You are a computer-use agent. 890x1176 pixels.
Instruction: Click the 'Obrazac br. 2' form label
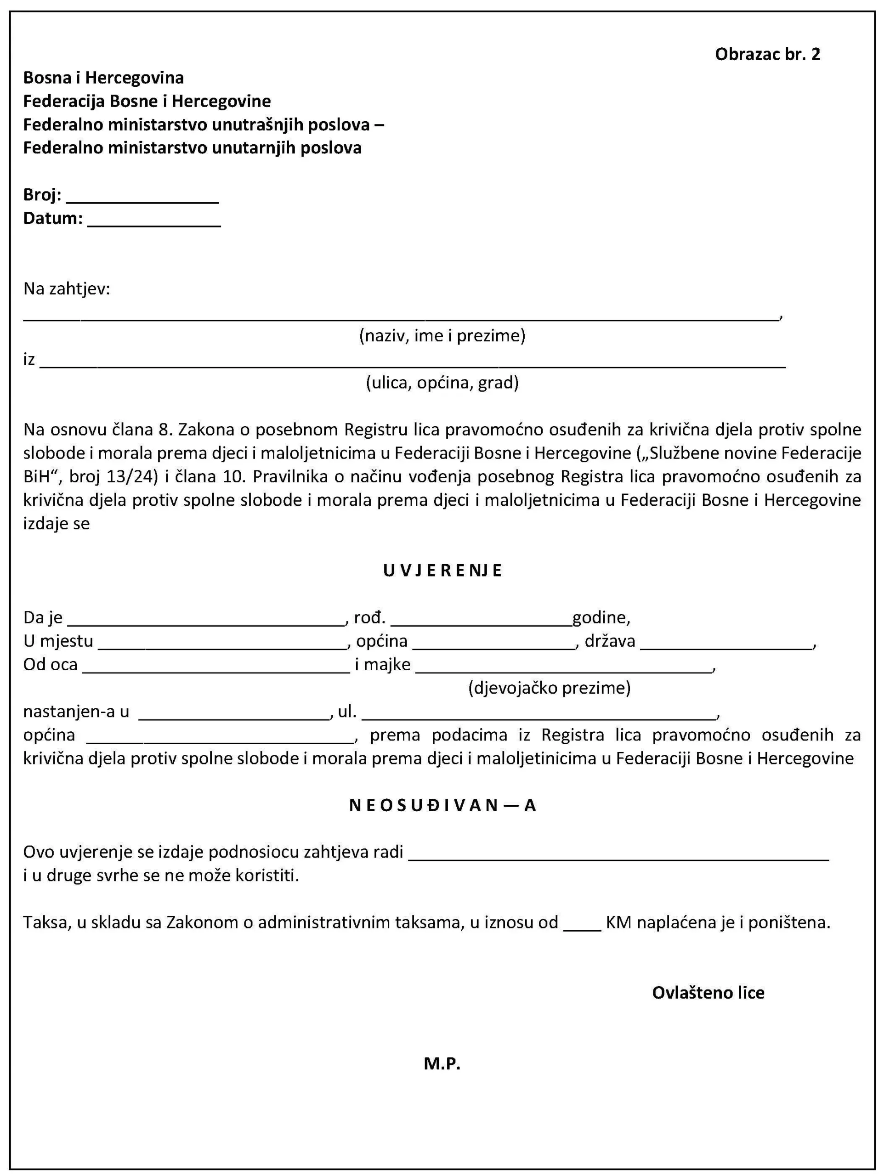767,54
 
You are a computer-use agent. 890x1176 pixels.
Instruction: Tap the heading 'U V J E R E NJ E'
442,571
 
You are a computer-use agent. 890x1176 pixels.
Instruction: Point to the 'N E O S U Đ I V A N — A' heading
442,805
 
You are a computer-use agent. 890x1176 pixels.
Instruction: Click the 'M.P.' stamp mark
442,1063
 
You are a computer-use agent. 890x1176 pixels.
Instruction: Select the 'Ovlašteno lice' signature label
708,993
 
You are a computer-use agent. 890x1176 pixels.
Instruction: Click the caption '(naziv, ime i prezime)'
442,335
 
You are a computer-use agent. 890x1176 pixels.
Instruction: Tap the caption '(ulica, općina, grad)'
442,382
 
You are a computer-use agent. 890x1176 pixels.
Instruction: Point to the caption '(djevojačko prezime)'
549,688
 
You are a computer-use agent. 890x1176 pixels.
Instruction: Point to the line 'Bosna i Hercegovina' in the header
104,78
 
